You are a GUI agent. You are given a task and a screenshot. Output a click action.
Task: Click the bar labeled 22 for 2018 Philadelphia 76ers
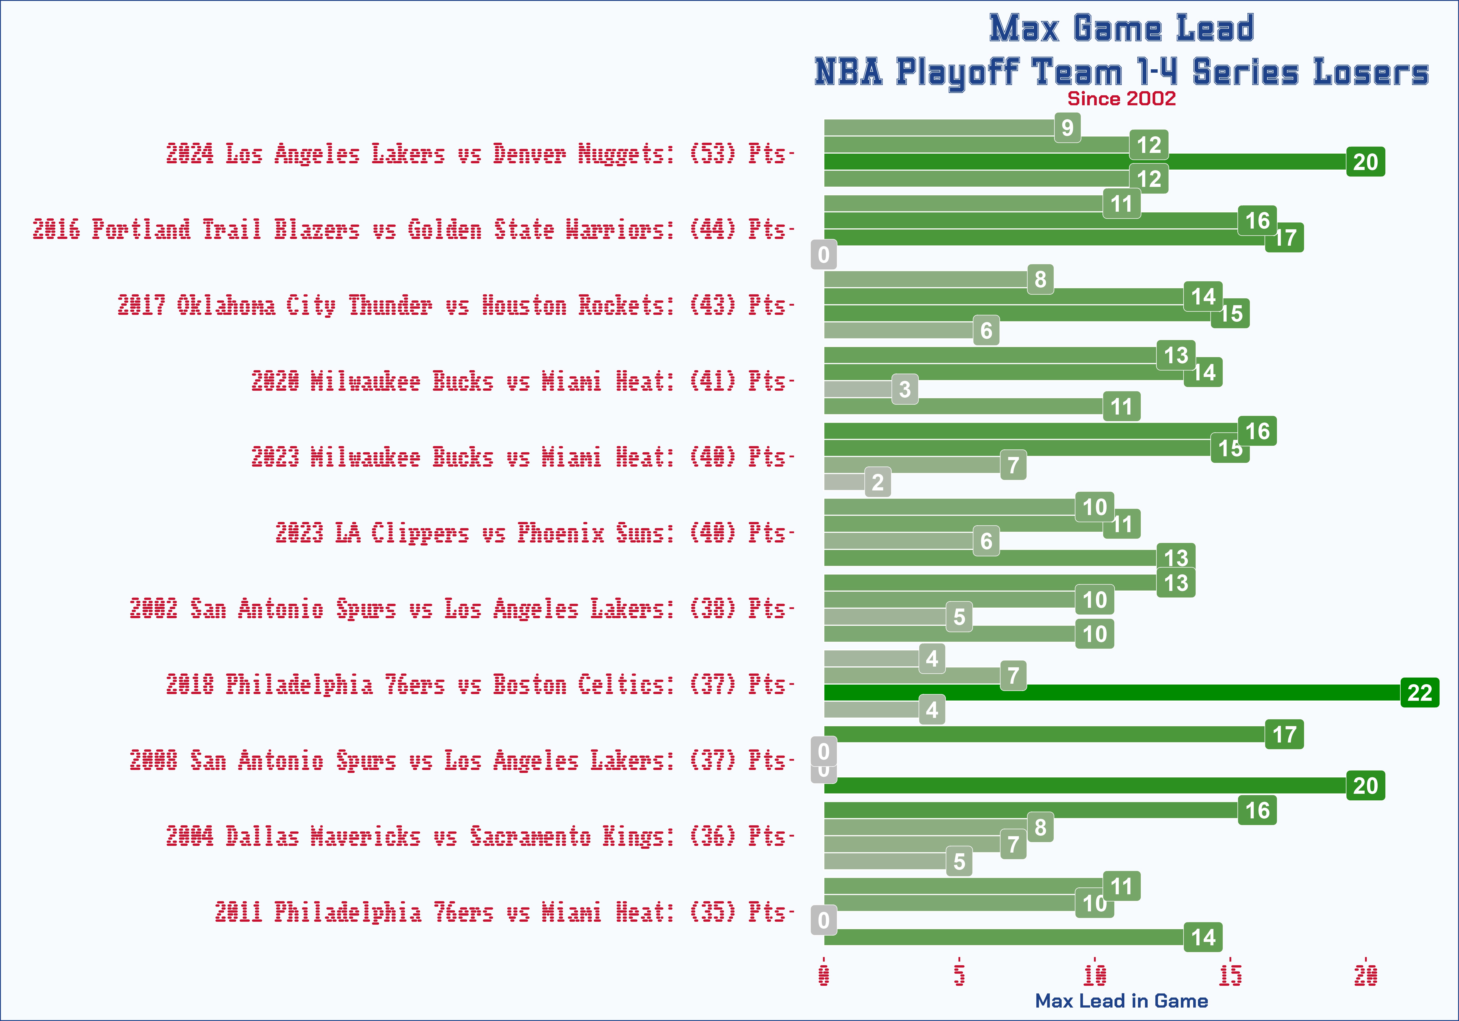click(1112, 693)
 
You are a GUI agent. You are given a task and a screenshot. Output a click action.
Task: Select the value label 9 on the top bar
click(1068, 128)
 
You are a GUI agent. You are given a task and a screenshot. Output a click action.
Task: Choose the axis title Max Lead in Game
click(1122, 1001)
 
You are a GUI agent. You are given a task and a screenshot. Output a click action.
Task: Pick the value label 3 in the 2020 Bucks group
click(905, 389)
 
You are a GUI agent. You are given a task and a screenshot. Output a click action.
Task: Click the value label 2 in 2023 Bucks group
click(877, 482)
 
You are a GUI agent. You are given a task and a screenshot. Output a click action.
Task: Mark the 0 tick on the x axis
click(824, 975)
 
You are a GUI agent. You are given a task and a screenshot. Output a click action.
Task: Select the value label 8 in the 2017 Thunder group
click(1040, 279)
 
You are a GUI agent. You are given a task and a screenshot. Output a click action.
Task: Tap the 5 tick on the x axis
click(960, 975)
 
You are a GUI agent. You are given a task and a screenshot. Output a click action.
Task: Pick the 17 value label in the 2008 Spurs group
click(1284, 735)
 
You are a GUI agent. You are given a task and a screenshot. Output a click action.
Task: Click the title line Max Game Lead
click(1122, 28)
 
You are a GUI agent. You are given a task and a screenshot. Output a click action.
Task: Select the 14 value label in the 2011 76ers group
click(1203, 937)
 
